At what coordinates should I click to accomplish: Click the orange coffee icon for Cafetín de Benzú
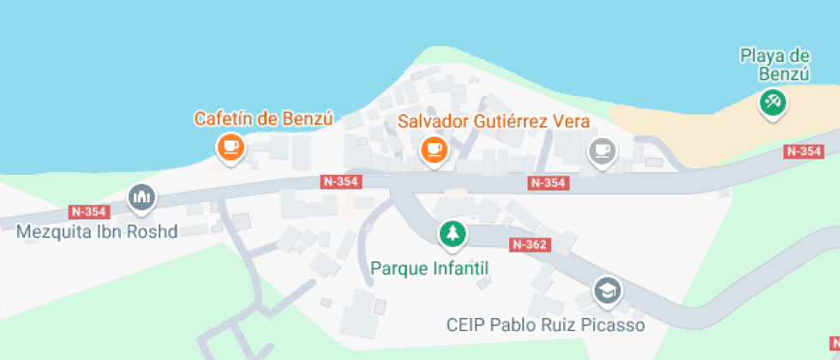(x=230, y=147)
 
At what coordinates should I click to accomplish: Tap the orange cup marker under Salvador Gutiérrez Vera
(x=434, y=150)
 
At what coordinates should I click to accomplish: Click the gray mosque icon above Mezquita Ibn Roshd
(x=141, y=198)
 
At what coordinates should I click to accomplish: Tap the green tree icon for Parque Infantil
(x=452, y=232)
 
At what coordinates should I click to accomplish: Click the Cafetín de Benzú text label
(x=262, y=119)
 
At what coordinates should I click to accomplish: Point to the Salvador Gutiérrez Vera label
(x=494, y=121)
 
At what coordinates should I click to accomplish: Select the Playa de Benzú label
(x=776, y=64)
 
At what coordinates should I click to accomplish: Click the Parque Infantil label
(x=429, y=268)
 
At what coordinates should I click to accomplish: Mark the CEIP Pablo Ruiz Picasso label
(x=546, y=326)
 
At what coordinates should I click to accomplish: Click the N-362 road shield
(x=530, y=244)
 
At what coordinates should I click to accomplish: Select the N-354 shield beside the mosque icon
(x=88, y=212)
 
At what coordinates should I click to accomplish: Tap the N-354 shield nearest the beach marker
(x=804, y=152)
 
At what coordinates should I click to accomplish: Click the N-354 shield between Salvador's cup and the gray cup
(x=548, y=183)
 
